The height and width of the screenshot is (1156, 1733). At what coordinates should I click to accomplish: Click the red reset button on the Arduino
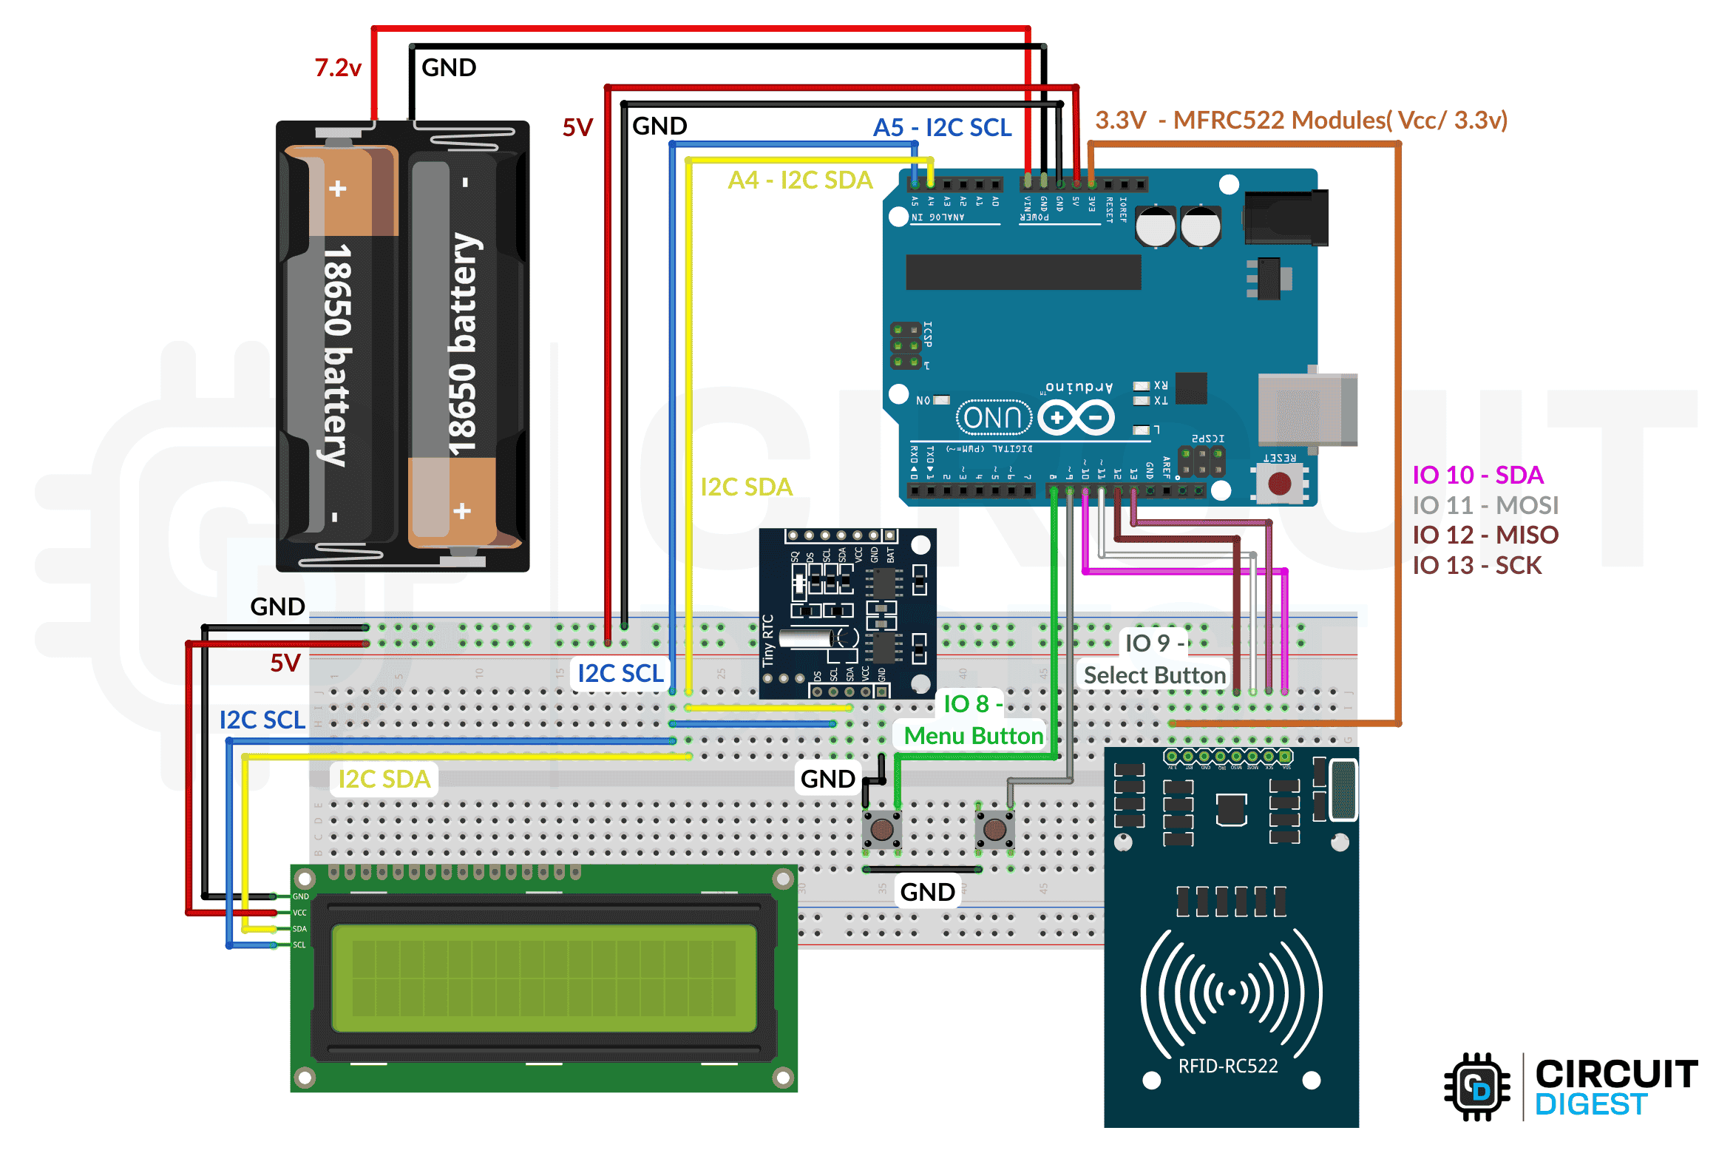coord(1279,484)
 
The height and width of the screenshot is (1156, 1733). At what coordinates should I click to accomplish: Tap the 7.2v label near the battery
coord(338,68)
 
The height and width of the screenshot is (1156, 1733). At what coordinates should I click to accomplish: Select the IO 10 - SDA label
coord(1477,475)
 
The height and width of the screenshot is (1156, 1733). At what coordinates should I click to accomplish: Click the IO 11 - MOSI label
coord(1485,505)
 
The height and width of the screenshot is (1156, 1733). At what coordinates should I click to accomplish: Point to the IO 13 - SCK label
coord(1476,565)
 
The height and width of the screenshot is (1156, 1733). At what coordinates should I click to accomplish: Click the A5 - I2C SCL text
coord(942,127)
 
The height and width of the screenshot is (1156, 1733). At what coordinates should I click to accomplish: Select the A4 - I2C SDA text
coord(800,180)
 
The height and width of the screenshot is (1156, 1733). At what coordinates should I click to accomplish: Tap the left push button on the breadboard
coord(881,829)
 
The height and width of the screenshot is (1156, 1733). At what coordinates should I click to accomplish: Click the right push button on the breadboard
coord(994,829)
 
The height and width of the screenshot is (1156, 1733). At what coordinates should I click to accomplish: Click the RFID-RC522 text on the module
coord(1227,1066)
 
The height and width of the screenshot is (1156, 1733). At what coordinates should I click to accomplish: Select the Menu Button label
coord(973,736)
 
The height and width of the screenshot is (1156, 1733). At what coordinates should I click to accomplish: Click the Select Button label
coord(1154,675)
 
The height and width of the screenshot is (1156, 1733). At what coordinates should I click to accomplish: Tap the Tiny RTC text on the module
coord(768,640)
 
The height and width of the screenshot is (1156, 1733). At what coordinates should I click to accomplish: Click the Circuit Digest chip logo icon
coord(1476,1086)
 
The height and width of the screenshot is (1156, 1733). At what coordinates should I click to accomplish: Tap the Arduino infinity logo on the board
coord(1076,418)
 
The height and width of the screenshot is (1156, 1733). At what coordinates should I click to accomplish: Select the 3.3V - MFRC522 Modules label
coord(1300,120)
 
